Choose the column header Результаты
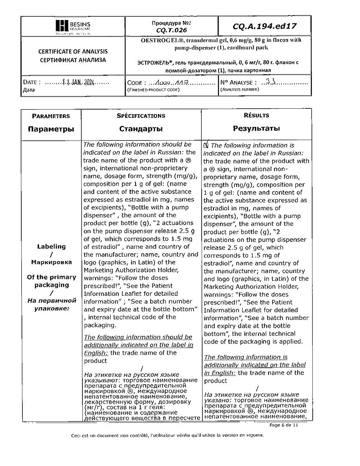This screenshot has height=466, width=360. (256, 129)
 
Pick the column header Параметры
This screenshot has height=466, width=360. (51, 129)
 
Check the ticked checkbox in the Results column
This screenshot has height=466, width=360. (206, 145)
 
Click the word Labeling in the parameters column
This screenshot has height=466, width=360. (51, 246)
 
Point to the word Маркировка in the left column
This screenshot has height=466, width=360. (51, 262)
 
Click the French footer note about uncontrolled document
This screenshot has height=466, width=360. (167, 435)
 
